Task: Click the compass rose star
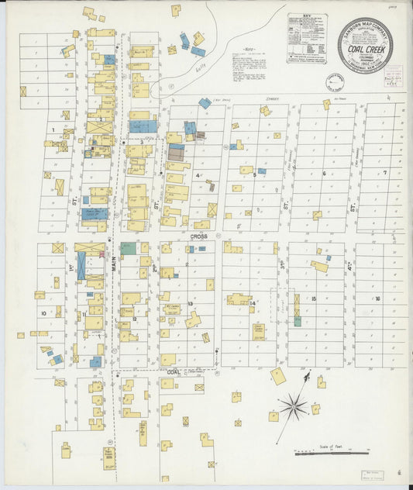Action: (x=294, y=405)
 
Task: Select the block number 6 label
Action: (x=324, y=174)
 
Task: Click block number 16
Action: (x=377, y=298)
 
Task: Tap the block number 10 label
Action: (x=44, y=313)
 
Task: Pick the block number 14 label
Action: (x=253, y=303)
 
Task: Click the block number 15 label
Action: (x=314, y=298)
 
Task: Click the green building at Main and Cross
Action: (x=128, y=249)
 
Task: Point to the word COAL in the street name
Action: (x=174, y=371)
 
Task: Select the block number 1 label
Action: (x=53, y=129)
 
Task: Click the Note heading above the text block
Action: (x=246, y=53)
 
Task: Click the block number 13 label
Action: (x=190, y=304)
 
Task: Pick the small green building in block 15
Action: (x=297, y=320)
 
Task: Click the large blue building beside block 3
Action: (x=143, y=126)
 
